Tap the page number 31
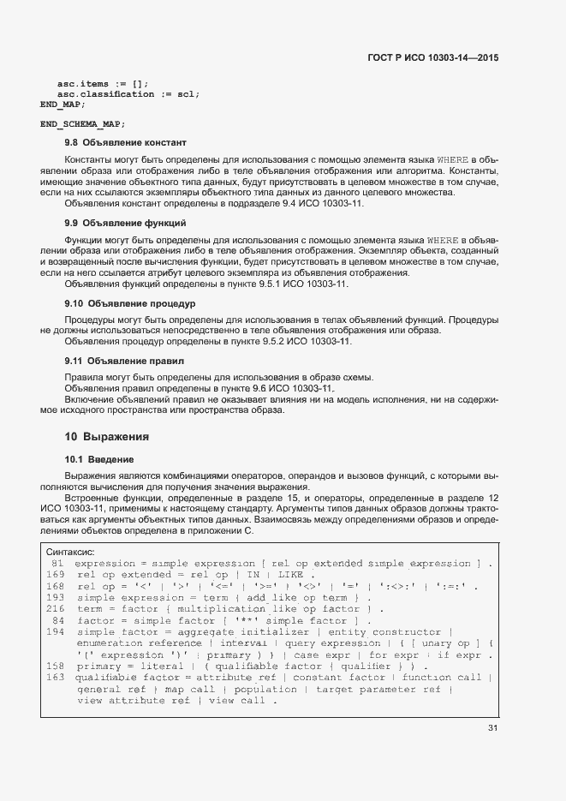[x=492, y=729]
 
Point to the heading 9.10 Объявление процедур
[x=131, y=303]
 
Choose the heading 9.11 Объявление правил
[x=124, y=362]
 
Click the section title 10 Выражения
[x=107, y=436]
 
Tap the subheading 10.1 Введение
[x=99, y=459]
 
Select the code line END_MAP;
[x=63, y=105]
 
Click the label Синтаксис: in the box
[x=70, y=553]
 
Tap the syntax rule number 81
[x=57, y=564]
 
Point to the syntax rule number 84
[x=58, y=620]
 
